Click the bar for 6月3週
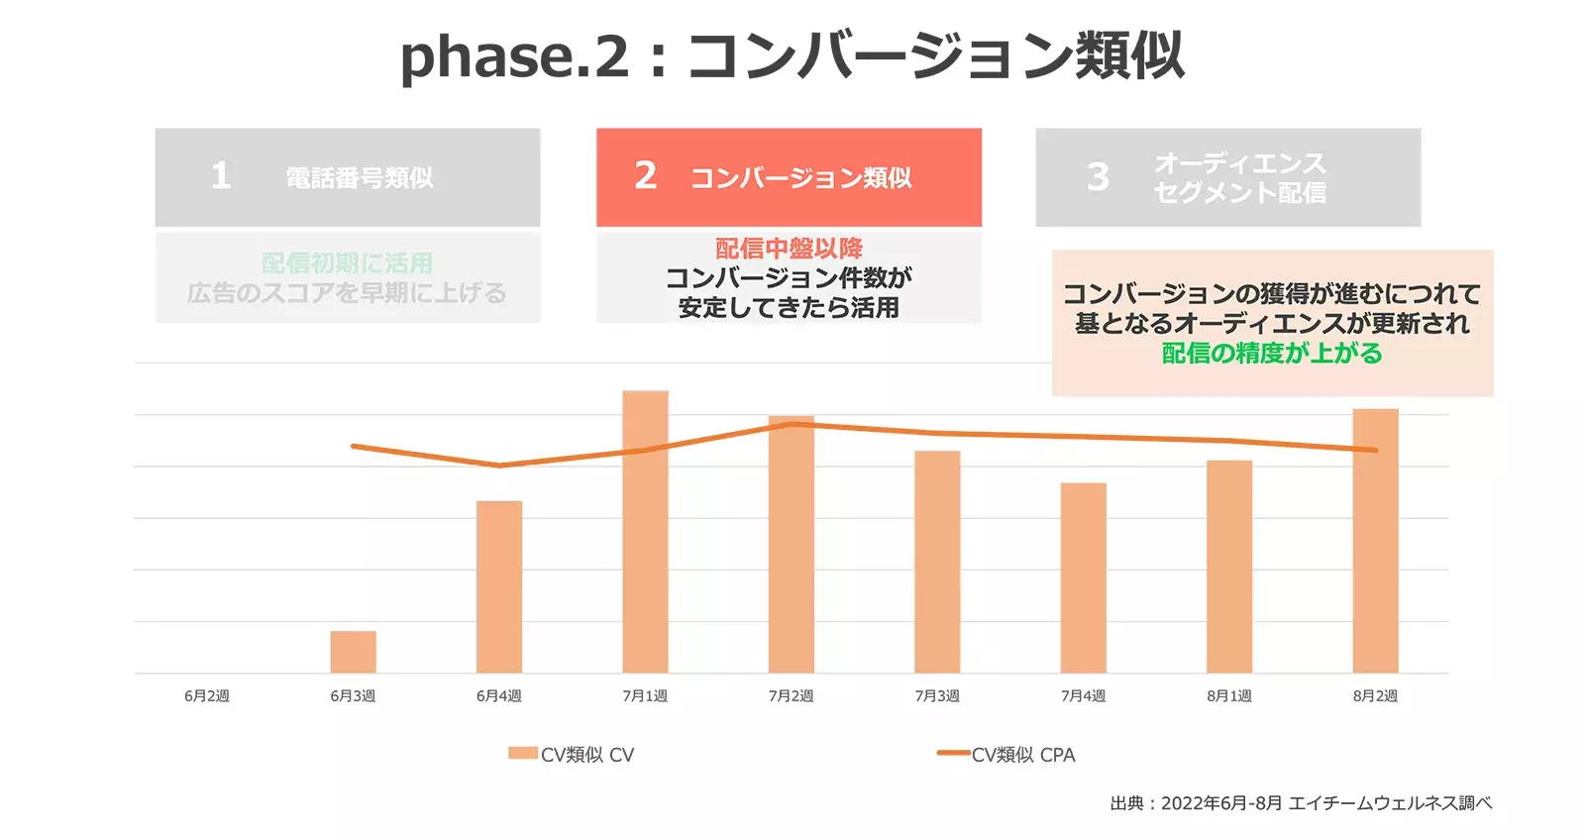pos(353,652)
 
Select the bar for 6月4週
pos(499,586)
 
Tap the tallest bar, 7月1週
pos(645,532)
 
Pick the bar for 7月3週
pos(937,562)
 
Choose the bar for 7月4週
pos(1083,577)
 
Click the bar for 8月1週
pos(1229,567)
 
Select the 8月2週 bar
pos(1375,541)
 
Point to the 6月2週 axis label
pos(207,696)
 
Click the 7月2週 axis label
pos(791,696)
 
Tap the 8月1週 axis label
pos(1229,696)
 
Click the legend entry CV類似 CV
pos(573,755)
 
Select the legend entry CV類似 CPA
pos(1007,755)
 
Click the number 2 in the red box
pos(646,176)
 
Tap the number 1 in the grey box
pos(221,176)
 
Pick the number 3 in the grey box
pos(1098,177)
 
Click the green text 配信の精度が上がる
pos(1272,354)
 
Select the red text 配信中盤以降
pos(789,248)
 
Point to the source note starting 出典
pos(1300,803)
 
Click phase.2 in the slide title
pos(514,55)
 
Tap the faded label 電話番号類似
pos(360,178)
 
